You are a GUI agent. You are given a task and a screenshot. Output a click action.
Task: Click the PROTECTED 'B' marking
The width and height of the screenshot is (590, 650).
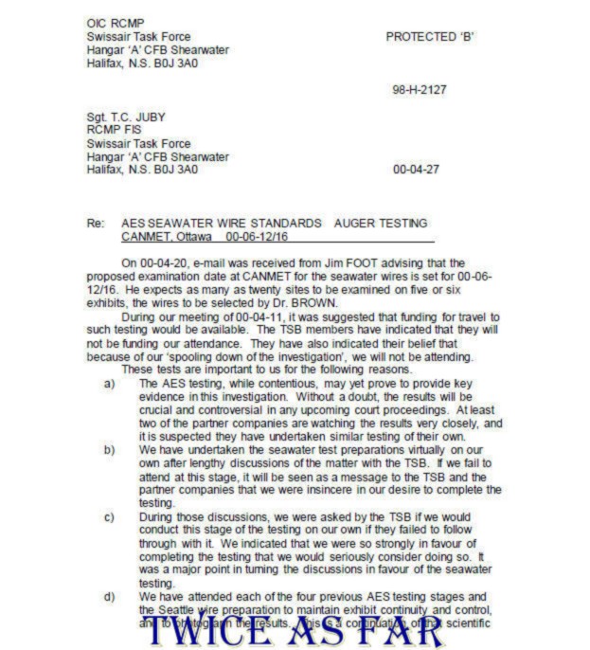click(429, 37)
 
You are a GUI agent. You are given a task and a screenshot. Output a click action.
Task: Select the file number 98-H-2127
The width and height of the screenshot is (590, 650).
click(419, 90)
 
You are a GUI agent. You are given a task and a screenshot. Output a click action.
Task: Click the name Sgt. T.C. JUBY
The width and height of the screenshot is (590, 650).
click(125, 117)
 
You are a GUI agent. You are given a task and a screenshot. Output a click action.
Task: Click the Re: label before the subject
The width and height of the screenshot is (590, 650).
click(96, 223)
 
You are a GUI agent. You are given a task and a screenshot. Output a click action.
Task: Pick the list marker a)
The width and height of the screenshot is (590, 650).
click(110, 384)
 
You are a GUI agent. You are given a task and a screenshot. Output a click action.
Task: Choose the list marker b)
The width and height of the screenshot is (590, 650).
click(110, 450)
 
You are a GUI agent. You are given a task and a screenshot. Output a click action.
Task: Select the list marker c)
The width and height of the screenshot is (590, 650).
click(110, 517)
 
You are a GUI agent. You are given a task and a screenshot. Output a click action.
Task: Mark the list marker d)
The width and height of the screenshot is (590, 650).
click(110, 597)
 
